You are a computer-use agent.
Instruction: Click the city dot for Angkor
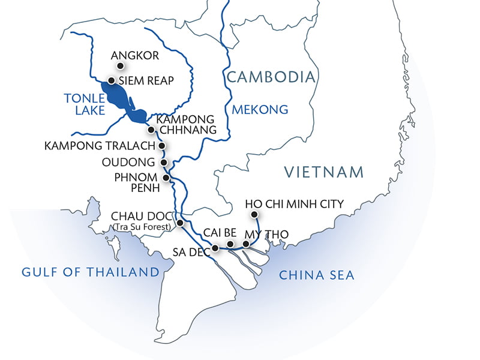click(x=120, y=65)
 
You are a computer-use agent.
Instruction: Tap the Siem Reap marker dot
click(x=111, y=80)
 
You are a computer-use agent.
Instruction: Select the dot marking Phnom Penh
click(x=166, y=178)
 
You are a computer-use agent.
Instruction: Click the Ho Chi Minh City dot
click(x=254, y=215)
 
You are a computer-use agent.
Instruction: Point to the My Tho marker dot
click(x=245, y=244)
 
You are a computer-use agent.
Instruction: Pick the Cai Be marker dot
click(x=230, y=244)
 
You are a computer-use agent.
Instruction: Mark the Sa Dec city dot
click(x=215, y=248)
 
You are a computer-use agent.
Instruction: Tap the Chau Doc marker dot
click(x=179, y=223)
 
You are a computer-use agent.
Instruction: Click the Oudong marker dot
click(x=163, y=163)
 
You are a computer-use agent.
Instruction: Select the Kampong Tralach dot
click(x=161, y=146)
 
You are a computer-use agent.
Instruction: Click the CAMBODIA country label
click(x=271, y=77)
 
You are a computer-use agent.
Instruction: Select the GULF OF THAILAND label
click(x=90, y=272)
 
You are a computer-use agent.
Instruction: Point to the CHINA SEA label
click(x=317, y=275)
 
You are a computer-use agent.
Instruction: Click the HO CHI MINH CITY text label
click(x=295, y=204)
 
